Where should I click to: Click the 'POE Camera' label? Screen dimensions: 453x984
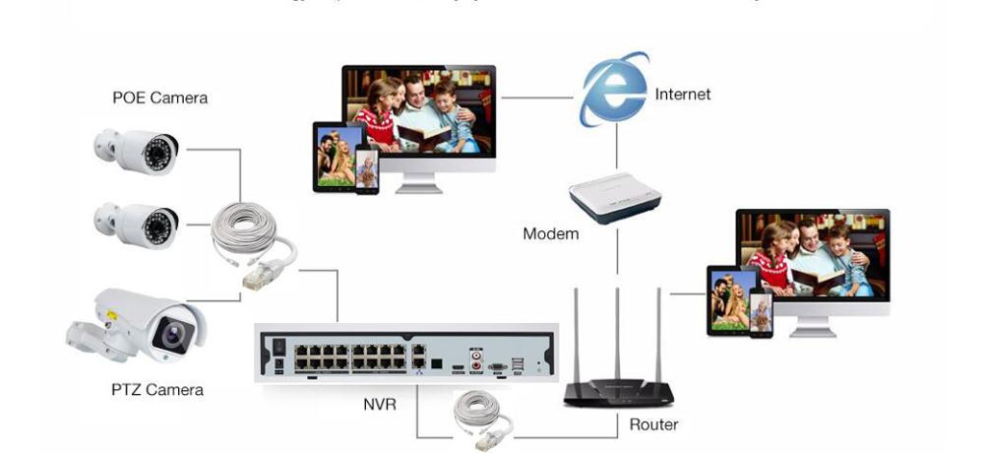(159, 97)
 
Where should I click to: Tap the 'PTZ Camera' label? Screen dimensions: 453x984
(157, 390)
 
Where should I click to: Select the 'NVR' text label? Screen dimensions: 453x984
(380, 404)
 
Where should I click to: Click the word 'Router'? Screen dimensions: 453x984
(653, 424)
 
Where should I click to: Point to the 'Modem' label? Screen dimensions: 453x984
(550, 234)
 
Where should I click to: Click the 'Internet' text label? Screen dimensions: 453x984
(682, 95)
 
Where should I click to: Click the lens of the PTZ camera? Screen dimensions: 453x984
(175, 336)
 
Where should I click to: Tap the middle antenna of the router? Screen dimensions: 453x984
(617, 335)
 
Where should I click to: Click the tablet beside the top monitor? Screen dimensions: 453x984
(334, 157)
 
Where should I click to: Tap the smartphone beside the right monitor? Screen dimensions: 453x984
(761, 312)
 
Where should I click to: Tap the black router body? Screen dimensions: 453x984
(618, 393)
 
